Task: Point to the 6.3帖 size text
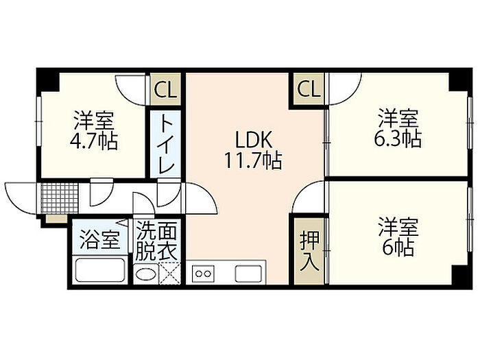[398, 138]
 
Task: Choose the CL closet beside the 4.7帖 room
[163, 89]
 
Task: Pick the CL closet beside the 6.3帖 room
[309, 89]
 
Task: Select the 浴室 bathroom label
[100, 241]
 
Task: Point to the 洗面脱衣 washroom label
[156, 241]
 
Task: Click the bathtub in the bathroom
[99, 269]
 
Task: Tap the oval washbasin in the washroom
[145, 274]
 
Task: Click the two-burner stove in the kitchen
[203, 273]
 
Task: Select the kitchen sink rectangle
[249, 273]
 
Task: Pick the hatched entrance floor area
[53, 198]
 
